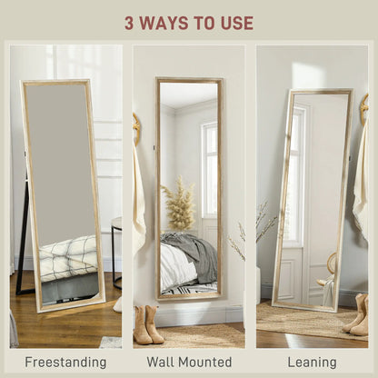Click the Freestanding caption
[65, 362]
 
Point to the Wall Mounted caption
[188, 362]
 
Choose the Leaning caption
[313, 362]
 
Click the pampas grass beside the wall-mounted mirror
[178, 207]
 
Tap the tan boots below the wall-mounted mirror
[148, 323]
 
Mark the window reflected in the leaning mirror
[296, 173]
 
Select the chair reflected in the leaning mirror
[328, 273]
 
